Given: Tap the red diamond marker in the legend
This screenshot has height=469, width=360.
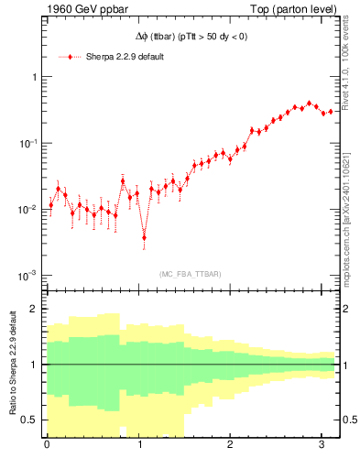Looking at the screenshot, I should (73, 57).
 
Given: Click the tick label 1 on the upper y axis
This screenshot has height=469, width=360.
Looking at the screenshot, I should (34, 78).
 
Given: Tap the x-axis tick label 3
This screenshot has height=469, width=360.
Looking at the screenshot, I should (320, 446).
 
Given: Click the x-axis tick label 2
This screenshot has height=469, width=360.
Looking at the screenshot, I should (229, 446).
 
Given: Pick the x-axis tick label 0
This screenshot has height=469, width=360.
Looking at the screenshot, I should (47, 446).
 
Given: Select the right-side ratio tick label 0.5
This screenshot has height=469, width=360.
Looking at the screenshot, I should (349, 420).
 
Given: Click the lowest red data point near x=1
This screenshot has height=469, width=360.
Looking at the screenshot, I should (144, 237).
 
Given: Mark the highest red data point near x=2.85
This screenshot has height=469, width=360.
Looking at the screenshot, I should (309, 104).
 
